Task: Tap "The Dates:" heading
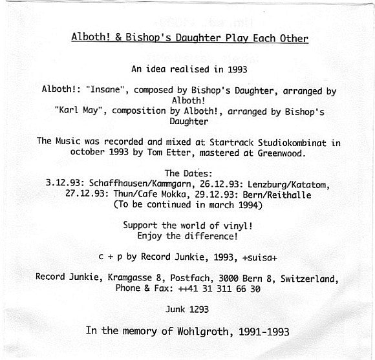[x=187, y=173]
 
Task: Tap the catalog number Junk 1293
[x=187, y=310]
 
